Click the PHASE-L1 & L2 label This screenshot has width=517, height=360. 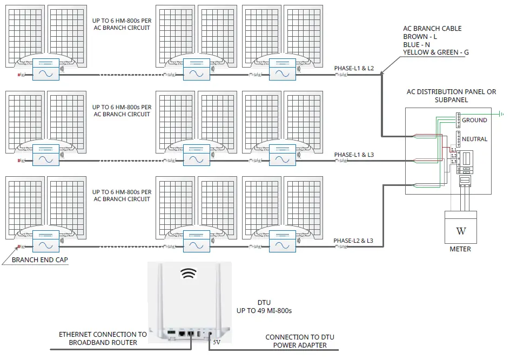click(354, 68)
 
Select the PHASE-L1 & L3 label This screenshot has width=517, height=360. click(354, 155)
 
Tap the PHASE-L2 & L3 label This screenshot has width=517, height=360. click(354, 240)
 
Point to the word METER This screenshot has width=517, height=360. click(460, 249)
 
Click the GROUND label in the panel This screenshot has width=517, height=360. click(474, 120)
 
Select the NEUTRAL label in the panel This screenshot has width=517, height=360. click(474, 139)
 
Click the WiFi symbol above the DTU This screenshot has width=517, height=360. click(189, 274)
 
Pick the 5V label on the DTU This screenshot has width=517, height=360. click(216, 342)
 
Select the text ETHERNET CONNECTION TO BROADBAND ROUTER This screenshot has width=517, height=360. click(103, 338)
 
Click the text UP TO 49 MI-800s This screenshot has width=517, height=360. click(265, 311)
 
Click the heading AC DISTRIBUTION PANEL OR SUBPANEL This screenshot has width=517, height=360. click(451, 96)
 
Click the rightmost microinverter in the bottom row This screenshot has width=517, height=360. click(282, 239)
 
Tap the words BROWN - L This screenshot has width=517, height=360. click(419, 36)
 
